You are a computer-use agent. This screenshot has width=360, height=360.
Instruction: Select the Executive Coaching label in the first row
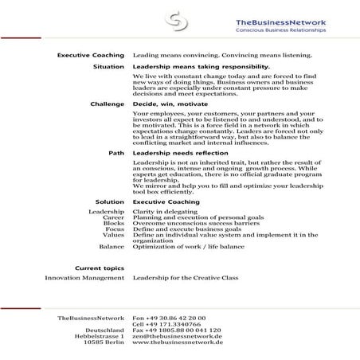pos(92,55)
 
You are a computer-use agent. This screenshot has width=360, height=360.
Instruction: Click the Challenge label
pos(105,104)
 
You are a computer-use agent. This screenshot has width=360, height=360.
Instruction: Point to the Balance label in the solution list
pos(112,247)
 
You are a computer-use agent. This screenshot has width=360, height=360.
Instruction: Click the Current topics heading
pos(99,268)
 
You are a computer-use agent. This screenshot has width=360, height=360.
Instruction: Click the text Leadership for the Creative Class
pos(188,278)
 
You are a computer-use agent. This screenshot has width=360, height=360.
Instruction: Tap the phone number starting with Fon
pos(168,317)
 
